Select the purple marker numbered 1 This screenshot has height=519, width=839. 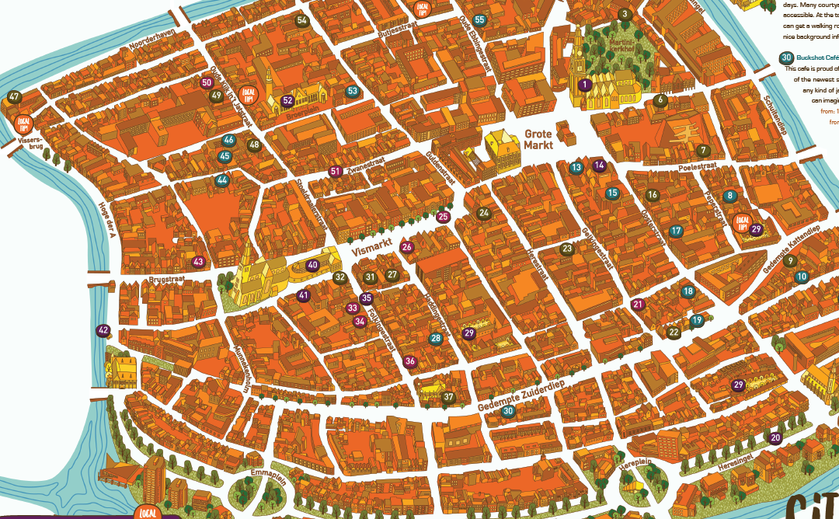click(x=585, y=84)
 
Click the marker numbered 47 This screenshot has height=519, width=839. click(x=14, y=97)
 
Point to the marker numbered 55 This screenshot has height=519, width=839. click(x=480, y=20)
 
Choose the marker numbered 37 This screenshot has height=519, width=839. click(x=448, y=397)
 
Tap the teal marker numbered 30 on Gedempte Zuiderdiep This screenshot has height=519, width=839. click(x=508, y=411)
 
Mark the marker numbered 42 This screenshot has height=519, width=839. click(x=103, y=330)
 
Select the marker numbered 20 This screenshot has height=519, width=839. click(x=775, y=437)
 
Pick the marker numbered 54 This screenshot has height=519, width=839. click(x=302, y=21)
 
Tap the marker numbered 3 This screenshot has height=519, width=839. click(x=624, y=14)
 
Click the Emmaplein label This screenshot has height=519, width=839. click(x=269, y=475)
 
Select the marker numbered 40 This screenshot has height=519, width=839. click(x=312, y=265)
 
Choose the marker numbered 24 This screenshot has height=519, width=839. click(x=485, y=213)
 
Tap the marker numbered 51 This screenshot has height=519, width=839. click(x=336, y=172)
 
